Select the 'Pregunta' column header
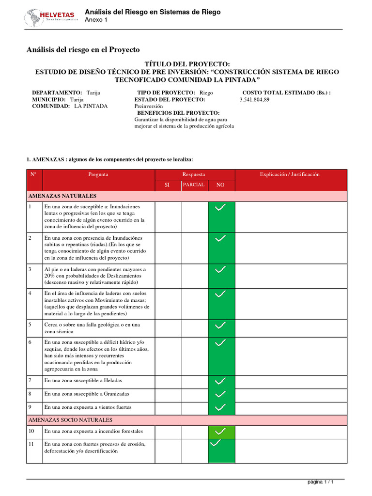point(98,174)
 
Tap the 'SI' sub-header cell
point(168,185)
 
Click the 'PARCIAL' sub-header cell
point(194,185)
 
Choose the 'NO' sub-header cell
point(221,185)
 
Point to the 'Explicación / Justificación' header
point(290,174)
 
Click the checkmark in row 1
point(220,208)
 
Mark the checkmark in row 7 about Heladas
point(220,381)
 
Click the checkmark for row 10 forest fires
point(220,431)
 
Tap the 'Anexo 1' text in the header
point(96,20)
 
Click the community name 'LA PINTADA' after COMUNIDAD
point(91,106)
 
